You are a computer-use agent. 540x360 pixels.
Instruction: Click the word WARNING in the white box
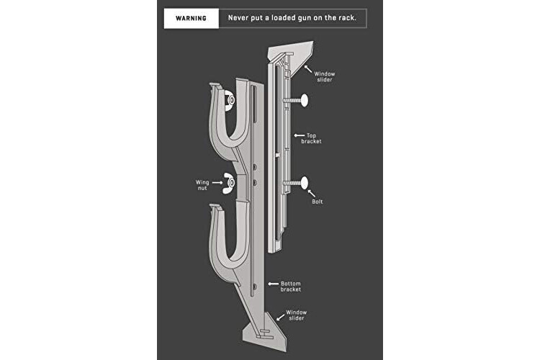point(191,18)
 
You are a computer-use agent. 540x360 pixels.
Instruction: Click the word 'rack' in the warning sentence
point(347,17)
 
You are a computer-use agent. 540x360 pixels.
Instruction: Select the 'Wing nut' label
point(202,185)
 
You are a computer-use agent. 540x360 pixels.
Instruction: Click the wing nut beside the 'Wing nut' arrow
point(229,184)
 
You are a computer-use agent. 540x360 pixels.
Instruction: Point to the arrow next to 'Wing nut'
point(217,183)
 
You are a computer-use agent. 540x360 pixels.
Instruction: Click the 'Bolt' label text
point(318,202)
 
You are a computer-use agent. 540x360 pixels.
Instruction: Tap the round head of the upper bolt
point(304,100)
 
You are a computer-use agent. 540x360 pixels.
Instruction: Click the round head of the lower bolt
point(304,183)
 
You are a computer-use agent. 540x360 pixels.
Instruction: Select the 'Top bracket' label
point(311,138)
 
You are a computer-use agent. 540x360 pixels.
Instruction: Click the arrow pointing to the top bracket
point(299,136)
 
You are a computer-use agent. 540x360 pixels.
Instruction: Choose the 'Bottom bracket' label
point(291,287)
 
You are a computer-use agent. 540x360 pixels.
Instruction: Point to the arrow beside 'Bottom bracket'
point(274,284)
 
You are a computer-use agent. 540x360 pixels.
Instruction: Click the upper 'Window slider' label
point(325,76)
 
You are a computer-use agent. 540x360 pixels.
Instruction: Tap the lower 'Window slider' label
point(296,315)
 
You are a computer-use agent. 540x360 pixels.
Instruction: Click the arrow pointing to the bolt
point(311,193)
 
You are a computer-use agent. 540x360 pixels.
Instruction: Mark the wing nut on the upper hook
point(230,100)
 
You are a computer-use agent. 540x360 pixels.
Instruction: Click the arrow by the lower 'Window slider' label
point(280,317)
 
